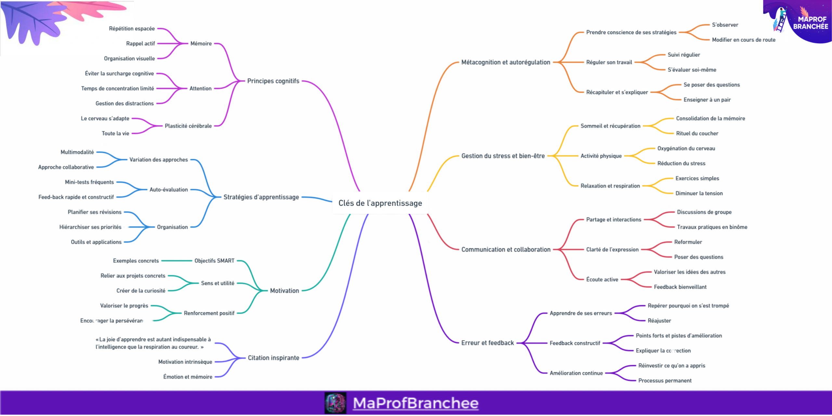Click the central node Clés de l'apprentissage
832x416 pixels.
pyautogui.click(x=380, y=203)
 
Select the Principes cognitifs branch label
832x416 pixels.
pyautogui.click(x=273, y=81)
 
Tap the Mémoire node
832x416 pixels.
pyautogui.click(x=201, y=44)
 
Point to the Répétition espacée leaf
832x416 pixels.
pyautogui.click(x=132, y=29)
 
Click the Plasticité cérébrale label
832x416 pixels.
pyautogui.click(x=188, y=126)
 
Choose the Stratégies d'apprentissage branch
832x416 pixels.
pyautogui.click(x=261, y=197)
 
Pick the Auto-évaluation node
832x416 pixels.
pyautogui.click(x=168, y=189)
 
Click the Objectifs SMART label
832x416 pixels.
pyautogui.click(x=214, y=261)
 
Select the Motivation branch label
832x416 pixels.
pyautogui.click(x=284, y=291)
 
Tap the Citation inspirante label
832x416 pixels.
pyautogui.click(x=273, y=358)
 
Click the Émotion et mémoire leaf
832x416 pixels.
pyautogui.click(x=188, y=377)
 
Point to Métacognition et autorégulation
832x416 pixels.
pyautogui.click(x=506, y=62)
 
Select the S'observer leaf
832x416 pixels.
pyautogui.click(x=725, y=25)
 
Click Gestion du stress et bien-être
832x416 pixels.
pyautogui.click(x=503, y=156)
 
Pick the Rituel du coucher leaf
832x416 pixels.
pyautogui.click(x=697, y=133)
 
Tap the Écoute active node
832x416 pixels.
pyautogui.click(x=602, y=279)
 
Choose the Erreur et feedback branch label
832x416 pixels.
pyautogui.click(x=487, y=343)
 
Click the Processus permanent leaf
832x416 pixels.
pyautogui.click(x=665, y=381)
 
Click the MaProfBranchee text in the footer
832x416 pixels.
pyautogui.click(x=415, y=403)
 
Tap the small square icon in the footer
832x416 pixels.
pyautogui.click(x=335, y=403)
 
